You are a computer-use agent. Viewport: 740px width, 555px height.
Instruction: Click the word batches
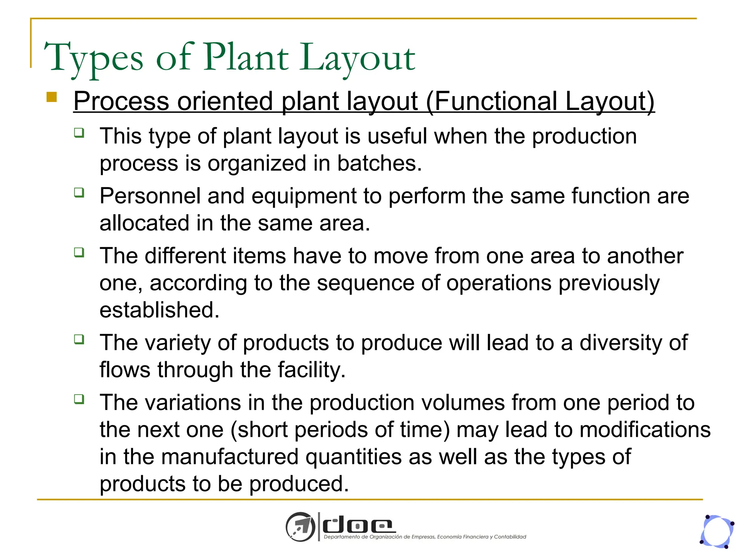(x=379, y=163)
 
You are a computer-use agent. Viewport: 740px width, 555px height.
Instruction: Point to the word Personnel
(x=150, y=196)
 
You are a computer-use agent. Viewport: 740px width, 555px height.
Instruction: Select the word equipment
(x=304, y=197)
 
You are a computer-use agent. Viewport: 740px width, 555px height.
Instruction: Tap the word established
(x=159, y=310)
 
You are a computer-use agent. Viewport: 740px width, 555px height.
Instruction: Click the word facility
(x=311, y=370)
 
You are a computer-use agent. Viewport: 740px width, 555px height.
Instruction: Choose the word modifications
(x=645, y=430)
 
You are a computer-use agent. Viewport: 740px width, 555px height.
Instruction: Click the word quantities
(x=353, y=457)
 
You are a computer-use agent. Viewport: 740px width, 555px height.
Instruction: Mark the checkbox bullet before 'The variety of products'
(x=79, y=339)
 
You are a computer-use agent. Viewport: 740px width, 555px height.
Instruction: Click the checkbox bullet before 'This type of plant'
(x=79, y=133)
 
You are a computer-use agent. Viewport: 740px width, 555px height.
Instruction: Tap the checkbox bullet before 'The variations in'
(x=79, y=399)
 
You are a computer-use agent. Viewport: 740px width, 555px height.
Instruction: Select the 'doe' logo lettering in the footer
(x=358, y=526)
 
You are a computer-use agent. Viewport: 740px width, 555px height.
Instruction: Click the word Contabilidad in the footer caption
(x=510, y=537)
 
